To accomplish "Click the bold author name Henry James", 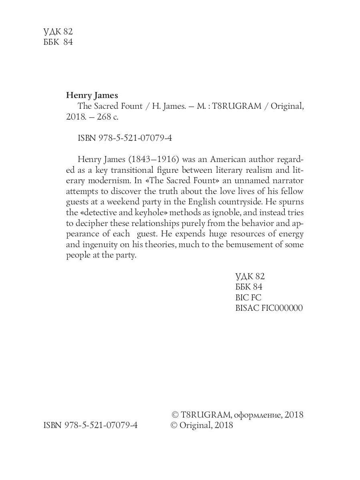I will click(x=92, y=96).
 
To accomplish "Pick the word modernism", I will click(x=105, y=180).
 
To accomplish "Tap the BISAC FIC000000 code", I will click(x=269, y=308).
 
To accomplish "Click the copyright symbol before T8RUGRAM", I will click(x=174, y=415).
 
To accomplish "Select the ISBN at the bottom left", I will click(x=90, y=425).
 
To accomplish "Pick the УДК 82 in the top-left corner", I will click(x=58, y=32).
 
